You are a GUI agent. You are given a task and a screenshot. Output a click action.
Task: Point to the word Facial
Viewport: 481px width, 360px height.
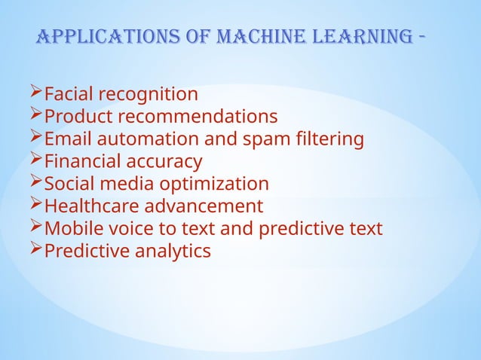[69, 95]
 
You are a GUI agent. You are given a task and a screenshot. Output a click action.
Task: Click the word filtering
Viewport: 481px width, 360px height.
[331, 140]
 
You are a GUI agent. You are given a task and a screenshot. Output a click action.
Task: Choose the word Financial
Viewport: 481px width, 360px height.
[83, 162]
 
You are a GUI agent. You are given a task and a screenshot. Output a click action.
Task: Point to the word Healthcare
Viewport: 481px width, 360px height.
[93, 206]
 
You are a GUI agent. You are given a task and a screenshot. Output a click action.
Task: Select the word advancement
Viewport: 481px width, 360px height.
[206, 206]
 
